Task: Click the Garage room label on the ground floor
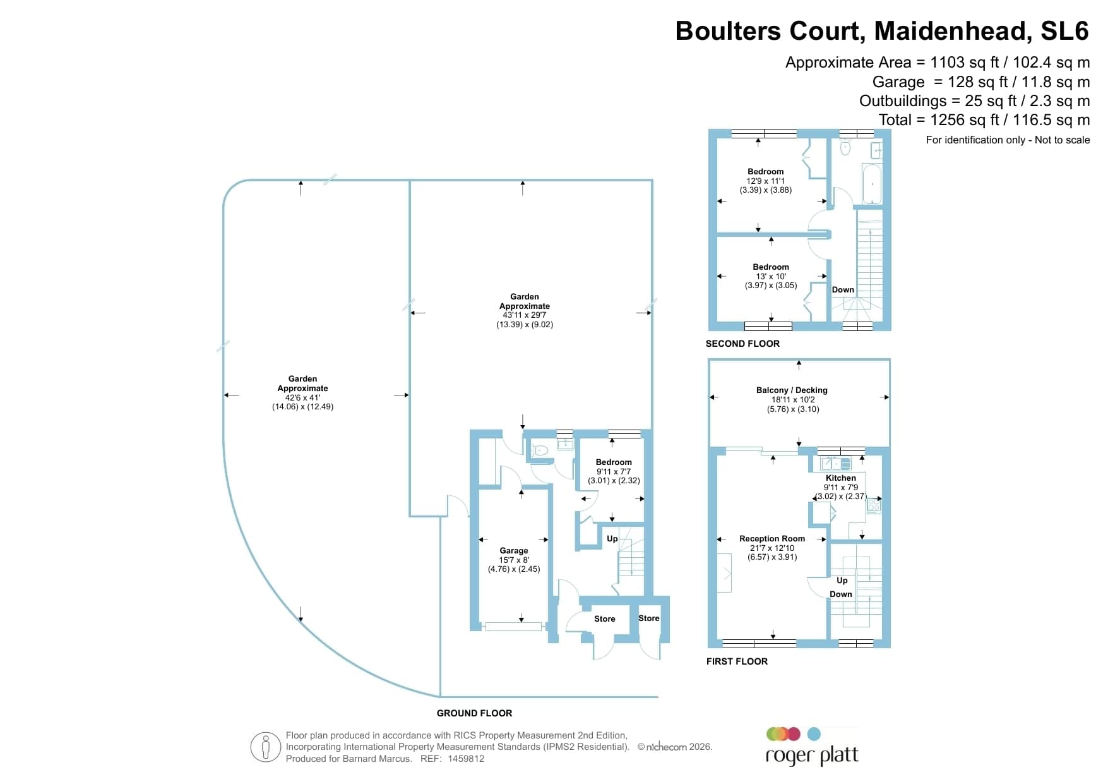[514, 551]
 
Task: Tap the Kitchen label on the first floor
[841, 478]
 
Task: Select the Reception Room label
[772, 539]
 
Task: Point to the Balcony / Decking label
[792, 390]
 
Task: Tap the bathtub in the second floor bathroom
[872, 183]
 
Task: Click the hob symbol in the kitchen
[874, 505]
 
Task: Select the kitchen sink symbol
[836, 464]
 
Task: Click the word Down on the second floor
[843, 290]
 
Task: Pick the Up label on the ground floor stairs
[612, 539]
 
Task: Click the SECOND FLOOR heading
[742, 344]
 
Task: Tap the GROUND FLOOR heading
[474, 713]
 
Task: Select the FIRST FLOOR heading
[737, 661]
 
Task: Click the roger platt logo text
[812, 756]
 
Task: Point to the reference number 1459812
[466, 759]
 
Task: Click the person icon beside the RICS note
[266, 747]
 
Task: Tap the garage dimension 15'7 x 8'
[514, 560]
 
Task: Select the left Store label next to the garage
[604, 619]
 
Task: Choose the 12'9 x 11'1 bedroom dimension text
[765, 181]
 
